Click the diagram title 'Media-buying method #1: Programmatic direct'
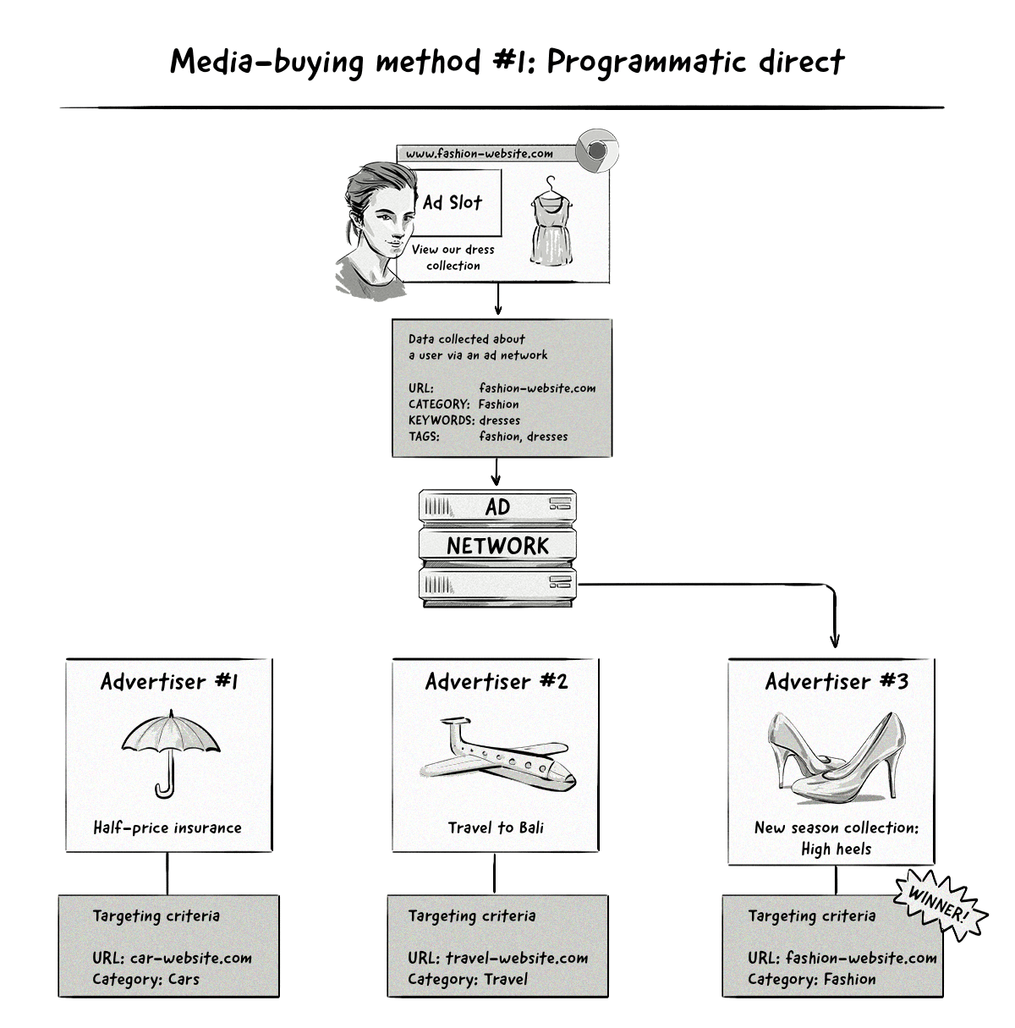(507, 62)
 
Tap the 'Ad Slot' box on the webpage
(453, 202)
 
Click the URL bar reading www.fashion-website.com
(480, 154)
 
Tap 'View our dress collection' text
(453, 257)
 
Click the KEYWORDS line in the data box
(464, 421)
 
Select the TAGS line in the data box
(488, 437)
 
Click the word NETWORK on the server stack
(497, 546)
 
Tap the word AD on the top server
(497, 507)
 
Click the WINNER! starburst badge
(941, 903)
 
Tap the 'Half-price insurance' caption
(167, 828)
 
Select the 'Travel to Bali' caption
(496, 828)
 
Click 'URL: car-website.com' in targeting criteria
(172, 959)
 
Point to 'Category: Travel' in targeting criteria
(467, 980)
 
